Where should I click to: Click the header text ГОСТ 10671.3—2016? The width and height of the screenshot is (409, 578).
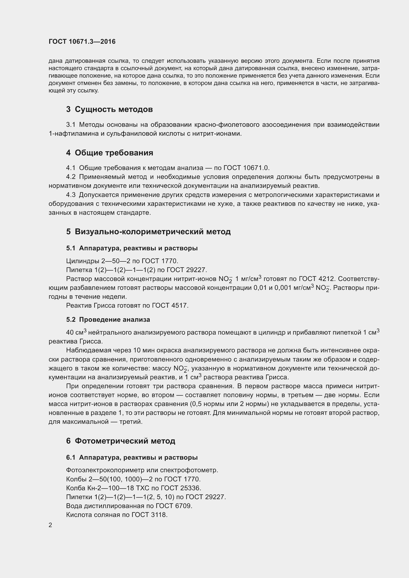click(x=82, y=42)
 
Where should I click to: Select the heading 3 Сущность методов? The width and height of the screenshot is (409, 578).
click(x=109, y=109)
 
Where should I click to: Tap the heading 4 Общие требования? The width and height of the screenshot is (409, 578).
click(x=110, y=153)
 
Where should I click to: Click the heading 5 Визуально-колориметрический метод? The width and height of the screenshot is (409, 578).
click(x=148, y=232)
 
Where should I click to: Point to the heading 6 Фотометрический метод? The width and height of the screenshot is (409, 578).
click(x=121, y=441)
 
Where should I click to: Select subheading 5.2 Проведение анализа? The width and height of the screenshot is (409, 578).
click(x=108, y=320)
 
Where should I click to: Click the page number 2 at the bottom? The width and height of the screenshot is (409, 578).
click(x=50, y=525)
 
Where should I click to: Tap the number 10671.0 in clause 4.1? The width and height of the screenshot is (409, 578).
click(x=256, y=168)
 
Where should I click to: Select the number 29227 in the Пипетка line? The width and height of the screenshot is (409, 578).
click(x=196, y=270)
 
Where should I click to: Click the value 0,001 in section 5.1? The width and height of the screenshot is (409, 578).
click(x=283, y=288)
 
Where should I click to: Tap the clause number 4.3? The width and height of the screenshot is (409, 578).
click(x=70, y=195)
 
